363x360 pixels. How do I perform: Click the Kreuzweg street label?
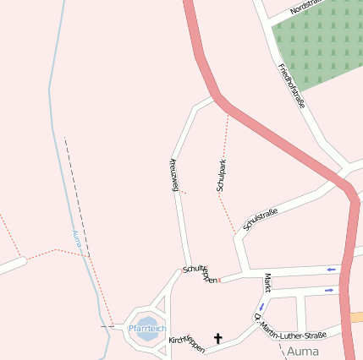click(x=174, y=174)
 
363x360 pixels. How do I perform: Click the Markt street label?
click(x=267, y=282)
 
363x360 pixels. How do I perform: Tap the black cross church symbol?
click(x=217, y=339)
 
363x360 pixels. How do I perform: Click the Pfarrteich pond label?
click(x=147, y=328)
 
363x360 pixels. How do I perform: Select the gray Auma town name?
click(x=304, y=350)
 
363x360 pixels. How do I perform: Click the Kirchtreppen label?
click(x=187, y=344)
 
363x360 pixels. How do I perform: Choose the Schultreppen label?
click(x=200, y=274)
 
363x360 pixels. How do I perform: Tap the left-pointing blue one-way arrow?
click(x=331, y=270)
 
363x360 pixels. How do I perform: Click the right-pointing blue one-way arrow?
click(x=329, y=290)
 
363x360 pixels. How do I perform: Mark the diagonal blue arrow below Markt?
click(x=261, y=307)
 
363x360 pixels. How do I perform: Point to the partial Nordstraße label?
click(x=305, y=7)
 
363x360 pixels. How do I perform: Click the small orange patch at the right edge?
click(x=357, y=317)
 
